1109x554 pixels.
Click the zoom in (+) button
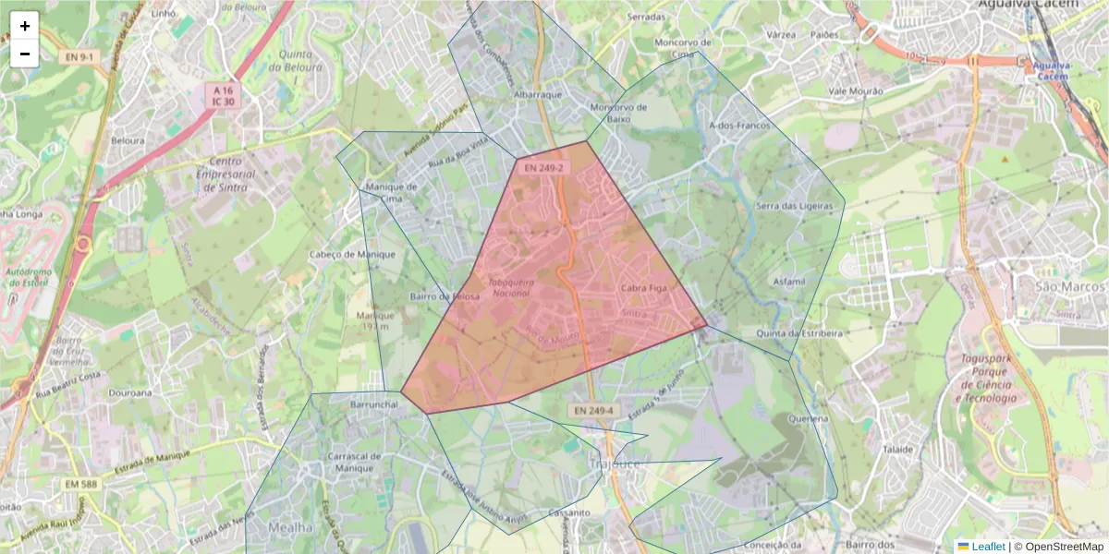(25, 26)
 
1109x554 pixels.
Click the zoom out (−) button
(25, 54)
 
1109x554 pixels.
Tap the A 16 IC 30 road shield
(223, 96)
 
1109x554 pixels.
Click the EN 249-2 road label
(542, 167)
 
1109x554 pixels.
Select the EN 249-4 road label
(591, 410)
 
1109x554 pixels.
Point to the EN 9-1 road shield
(79, 57)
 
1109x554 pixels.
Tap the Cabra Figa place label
(643, 288)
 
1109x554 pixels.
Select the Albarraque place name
(538, 94)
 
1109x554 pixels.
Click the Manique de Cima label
(392, 191)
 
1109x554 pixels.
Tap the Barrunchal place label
(374, 404)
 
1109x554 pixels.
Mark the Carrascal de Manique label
(354, 462)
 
